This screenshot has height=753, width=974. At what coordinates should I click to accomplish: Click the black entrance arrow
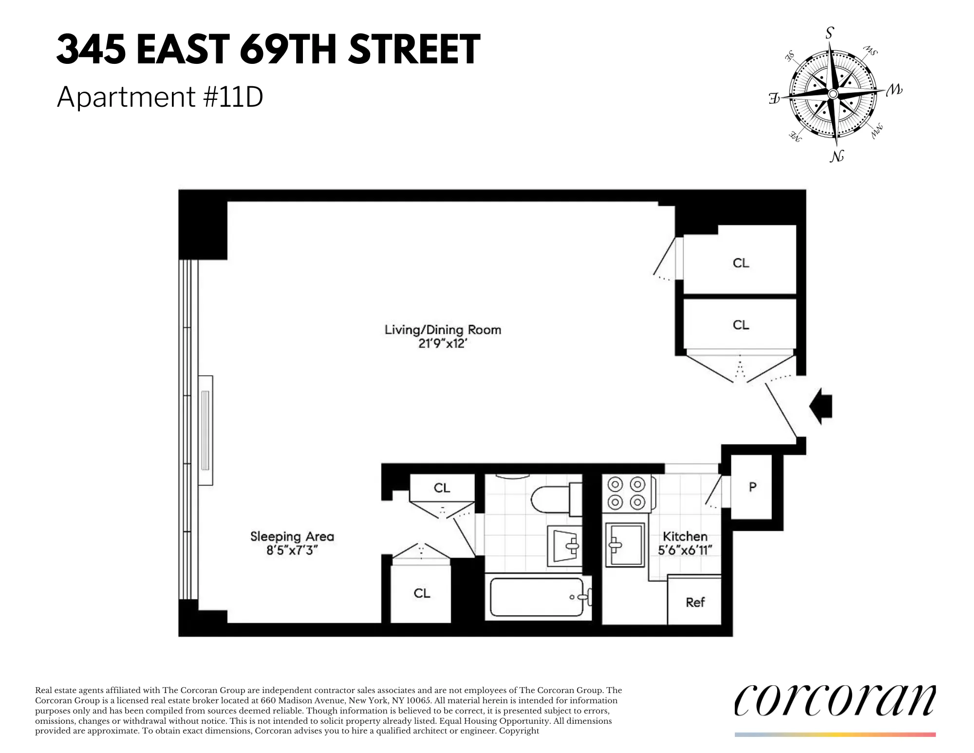coord(822,406)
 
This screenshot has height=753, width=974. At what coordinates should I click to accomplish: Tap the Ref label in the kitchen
coord(695,602)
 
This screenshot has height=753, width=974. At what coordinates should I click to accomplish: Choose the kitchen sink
coord(625,544)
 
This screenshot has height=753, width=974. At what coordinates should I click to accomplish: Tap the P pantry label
coord(752,486)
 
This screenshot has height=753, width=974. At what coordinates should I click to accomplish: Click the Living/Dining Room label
coord(443,330)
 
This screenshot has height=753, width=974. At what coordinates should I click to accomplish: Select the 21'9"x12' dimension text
coord(443,344)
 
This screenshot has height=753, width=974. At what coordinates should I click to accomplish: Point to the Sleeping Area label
coord(292,537)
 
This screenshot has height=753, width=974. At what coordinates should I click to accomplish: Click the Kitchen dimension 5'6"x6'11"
coord(685,551)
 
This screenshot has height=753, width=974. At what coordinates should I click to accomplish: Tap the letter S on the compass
coord(829,33)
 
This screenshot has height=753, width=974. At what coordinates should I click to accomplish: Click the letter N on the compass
coord(837,156)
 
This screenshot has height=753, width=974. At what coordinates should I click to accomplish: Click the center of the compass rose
coord(833,94)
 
